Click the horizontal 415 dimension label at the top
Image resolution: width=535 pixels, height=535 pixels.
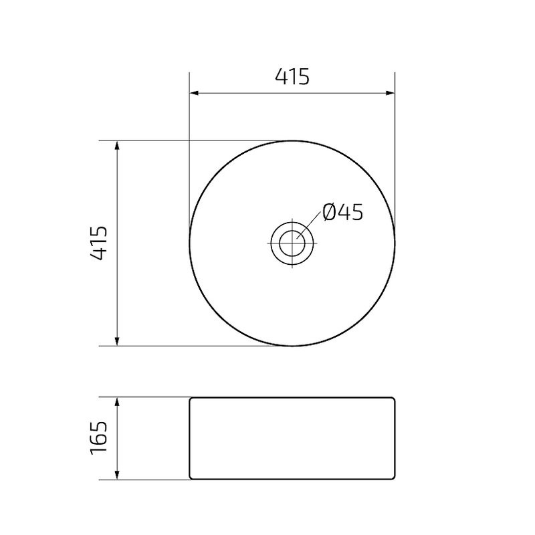click(x=292, y=77)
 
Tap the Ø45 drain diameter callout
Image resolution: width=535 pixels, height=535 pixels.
click(x=342, y=213)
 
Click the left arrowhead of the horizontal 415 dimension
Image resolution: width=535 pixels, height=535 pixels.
click(x=195, y=93)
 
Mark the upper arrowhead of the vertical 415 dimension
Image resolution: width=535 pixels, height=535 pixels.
click(x=118, y=145)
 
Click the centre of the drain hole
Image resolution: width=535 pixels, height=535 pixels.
click(x=292, y=243)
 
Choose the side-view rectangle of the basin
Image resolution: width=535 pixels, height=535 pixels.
click(x=292, y=438)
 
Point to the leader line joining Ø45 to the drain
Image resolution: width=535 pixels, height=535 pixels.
click(x=309, y=225)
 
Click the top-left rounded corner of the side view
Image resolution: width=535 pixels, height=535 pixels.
click(x=191, y=399)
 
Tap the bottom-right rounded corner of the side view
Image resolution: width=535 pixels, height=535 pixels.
click(x=393, y=477)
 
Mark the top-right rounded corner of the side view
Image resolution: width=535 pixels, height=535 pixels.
click(x=393, y=399)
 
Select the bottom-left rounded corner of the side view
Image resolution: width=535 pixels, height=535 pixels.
click(x=191, y=477)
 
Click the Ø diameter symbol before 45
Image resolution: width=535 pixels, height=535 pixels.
click(x=328, y=213)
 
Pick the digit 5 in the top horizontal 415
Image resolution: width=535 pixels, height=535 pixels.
click(x=303, y=77)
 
